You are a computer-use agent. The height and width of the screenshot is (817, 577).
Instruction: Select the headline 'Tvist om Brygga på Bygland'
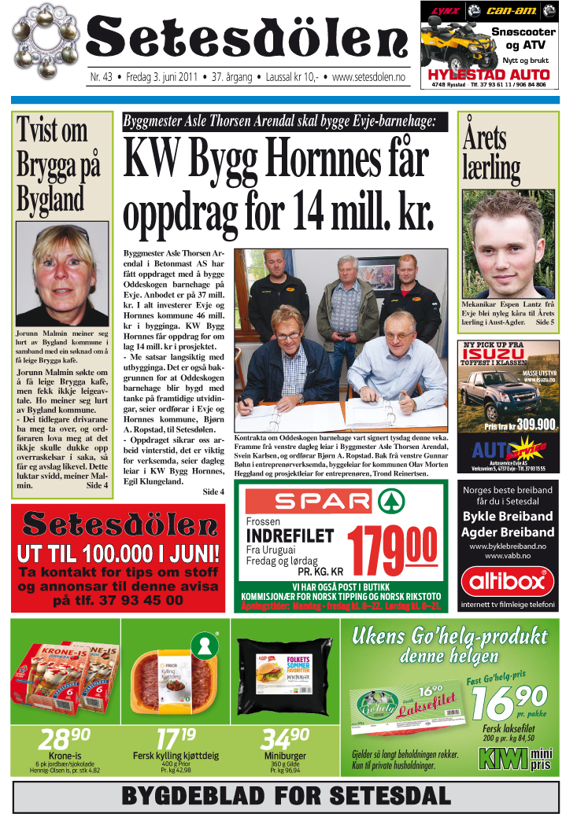61,164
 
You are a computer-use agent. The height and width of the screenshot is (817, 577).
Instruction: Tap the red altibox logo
508,582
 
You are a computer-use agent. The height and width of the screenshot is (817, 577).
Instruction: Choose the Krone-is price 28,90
65,739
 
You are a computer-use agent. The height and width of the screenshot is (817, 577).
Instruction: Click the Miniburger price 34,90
284,739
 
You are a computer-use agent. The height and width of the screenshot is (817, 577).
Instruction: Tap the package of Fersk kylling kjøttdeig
174,675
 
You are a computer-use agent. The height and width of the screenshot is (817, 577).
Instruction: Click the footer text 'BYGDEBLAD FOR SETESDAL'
286,795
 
